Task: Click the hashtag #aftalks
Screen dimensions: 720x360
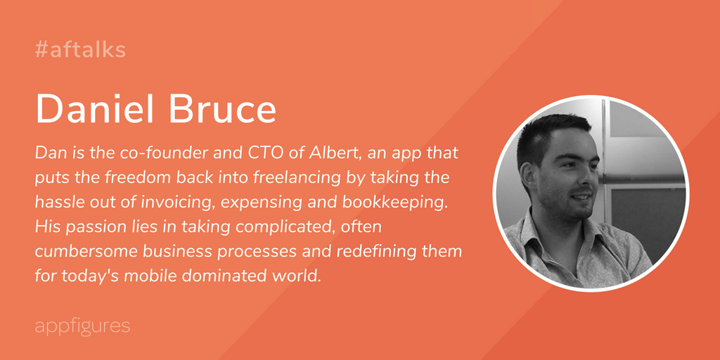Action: coord(80,50)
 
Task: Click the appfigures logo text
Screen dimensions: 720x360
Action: coord(83,326)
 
